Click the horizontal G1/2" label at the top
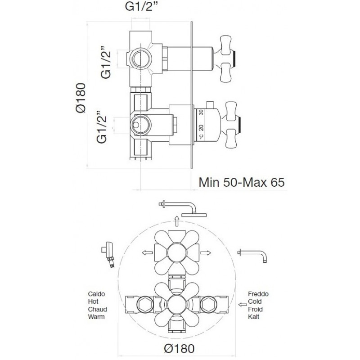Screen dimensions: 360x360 coord(142,7)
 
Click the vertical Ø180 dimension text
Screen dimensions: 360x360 coord(81,98)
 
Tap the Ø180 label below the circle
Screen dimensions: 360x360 coord(179,348)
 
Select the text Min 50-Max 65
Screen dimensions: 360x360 coord(242,182)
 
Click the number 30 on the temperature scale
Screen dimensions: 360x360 coord(201,112)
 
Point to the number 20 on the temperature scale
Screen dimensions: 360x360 coord(201,127)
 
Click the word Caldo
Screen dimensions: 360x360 coord(96,294)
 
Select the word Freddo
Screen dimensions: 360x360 coord(258,294)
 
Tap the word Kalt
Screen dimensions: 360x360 coord(254,317)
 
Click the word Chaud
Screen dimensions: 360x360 coord(98,309)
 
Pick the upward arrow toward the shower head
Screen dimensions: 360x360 coord(176,221)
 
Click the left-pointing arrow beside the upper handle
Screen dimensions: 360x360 coord(147,253)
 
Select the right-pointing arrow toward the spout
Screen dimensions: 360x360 coord(206,253)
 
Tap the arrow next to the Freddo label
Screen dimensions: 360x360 coord(243,305)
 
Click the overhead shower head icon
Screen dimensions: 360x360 coord(183,209)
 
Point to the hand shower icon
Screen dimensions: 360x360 coord(108,255)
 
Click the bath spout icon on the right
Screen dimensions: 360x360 coord(252,256)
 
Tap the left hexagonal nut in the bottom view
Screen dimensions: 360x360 coord(145,305)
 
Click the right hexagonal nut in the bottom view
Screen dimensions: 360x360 coord(208,305)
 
